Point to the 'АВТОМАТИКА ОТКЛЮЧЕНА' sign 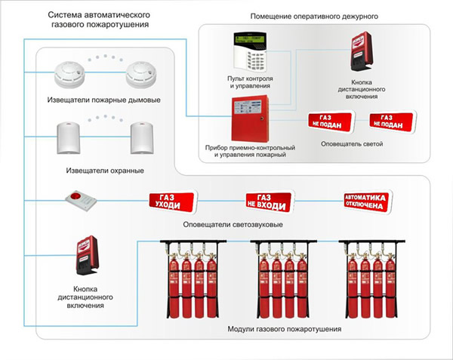click(x=365, y=201)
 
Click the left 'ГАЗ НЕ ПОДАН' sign click(x=325, y=122)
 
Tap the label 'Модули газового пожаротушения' click(x=285, y=330)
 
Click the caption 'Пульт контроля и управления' click(x=251, y=82)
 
